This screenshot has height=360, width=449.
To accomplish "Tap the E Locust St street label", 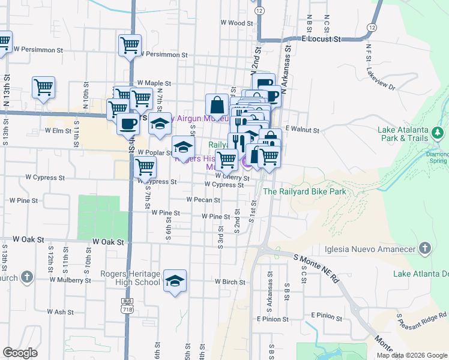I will pos(321,38).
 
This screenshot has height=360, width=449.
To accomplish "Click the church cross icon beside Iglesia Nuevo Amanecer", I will pos(425,248).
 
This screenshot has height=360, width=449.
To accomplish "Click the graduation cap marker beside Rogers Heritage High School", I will pos(175,281).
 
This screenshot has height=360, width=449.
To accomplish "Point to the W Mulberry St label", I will pos(70,280).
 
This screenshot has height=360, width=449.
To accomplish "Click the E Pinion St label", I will pos(327,316).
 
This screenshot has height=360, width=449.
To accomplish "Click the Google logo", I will pos(20,353).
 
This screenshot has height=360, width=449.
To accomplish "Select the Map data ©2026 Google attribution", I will pos(411,355).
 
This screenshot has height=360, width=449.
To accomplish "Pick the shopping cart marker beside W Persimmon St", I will pos(130,45).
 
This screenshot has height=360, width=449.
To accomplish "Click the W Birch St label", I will pos(226,282).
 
